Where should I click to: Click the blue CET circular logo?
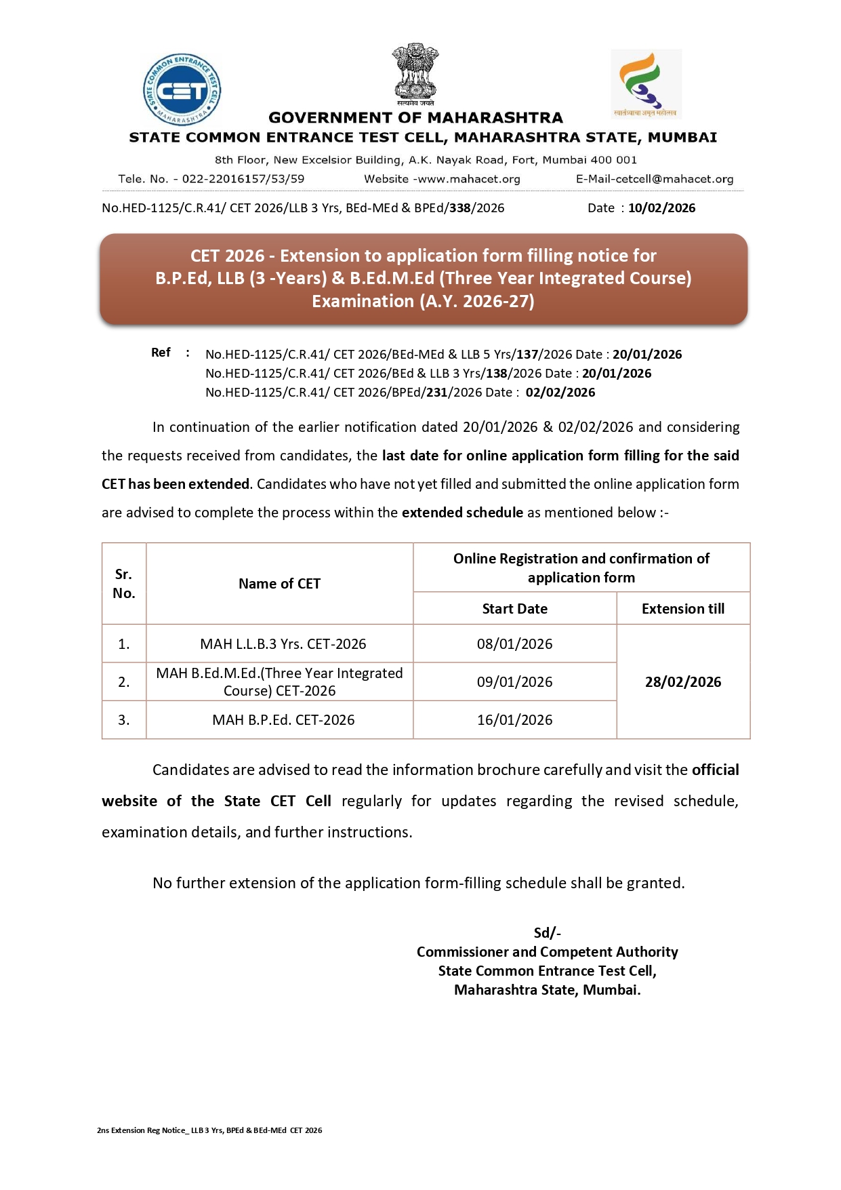182,90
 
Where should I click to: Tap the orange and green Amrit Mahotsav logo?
646,83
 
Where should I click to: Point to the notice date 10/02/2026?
661,208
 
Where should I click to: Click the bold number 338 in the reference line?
459,208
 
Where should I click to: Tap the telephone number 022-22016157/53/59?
243,179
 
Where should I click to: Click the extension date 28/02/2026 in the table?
682,681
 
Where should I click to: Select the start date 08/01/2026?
514,643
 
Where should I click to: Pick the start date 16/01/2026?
514,719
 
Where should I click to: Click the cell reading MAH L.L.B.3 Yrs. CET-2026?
283,643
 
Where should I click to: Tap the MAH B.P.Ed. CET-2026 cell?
283,719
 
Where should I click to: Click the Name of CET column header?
279,583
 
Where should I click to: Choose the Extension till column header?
682,608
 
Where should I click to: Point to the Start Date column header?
514,608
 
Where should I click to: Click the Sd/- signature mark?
547,932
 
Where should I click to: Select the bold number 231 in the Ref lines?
436,392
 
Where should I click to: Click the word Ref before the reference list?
161,353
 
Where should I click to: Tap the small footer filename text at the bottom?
209,1130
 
